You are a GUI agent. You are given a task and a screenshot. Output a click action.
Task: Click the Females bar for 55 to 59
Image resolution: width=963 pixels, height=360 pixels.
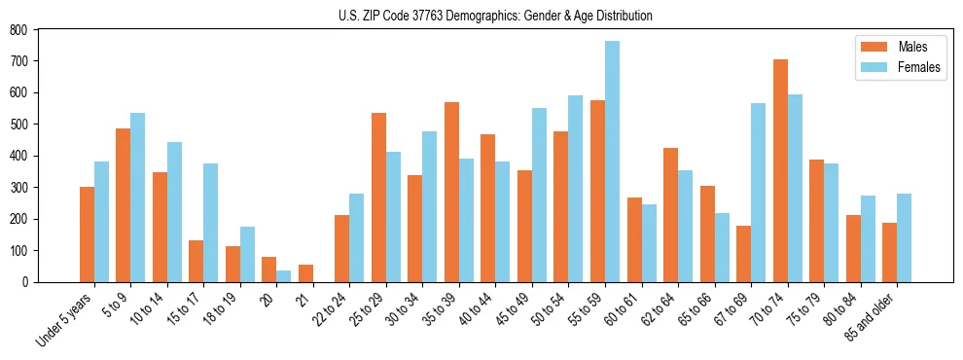pos(612,162)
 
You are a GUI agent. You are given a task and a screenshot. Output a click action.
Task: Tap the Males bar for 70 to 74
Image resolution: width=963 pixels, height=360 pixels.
pos(780,170)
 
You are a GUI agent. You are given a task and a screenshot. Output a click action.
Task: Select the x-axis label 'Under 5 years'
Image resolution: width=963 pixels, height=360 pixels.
pos(65,319)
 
